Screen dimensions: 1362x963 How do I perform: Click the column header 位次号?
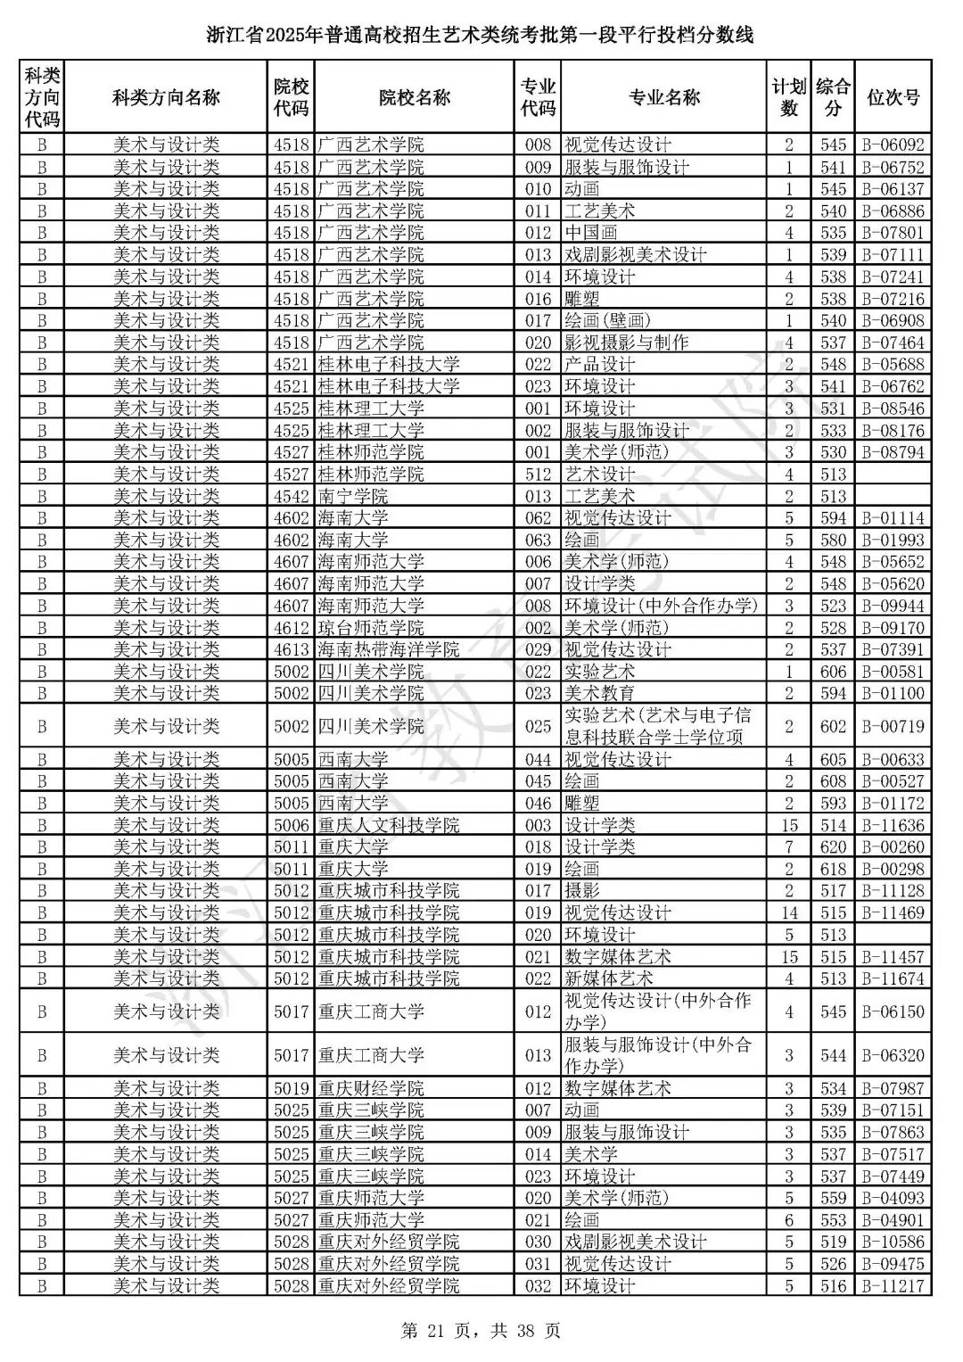[x=893, y=97]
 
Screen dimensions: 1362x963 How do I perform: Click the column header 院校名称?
[x=414, y=97]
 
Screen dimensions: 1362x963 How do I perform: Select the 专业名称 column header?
[x=663, y=97]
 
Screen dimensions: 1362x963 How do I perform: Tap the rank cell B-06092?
[x=893, y=145]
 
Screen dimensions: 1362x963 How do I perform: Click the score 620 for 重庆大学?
[x=833, y=847]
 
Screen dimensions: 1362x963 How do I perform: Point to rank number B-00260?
[x=893, y=847]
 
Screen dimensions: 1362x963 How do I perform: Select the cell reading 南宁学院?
[x=353, y=496]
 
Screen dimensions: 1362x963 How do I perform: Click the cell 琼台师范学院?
[x=371, y=628]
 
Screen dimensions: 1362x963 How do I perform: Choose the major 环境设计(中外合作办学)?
[x=661, y=606]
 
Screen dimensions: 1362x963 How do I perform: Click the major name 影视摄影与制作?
[x=626, y=343]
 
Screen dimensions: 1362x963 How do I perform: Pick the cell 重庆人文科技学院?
[x=389, y=825]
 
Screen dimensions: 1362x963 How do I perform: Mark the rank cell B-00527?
[x=893, y=781]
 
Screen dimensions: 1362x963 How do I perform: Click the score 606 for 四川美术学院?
[x=833, y=672]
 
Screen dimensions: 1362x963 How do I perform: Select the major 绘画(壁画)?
[x=607, y=320]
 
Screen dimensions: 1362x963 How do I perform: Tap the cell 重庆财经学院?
[x=371, y=1088]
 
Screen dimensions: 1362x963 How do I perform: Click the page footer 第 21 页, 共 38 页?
[x=481, y=1332]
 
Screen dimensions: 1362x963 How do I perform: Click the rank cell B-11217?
[x=893, y=1285]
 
